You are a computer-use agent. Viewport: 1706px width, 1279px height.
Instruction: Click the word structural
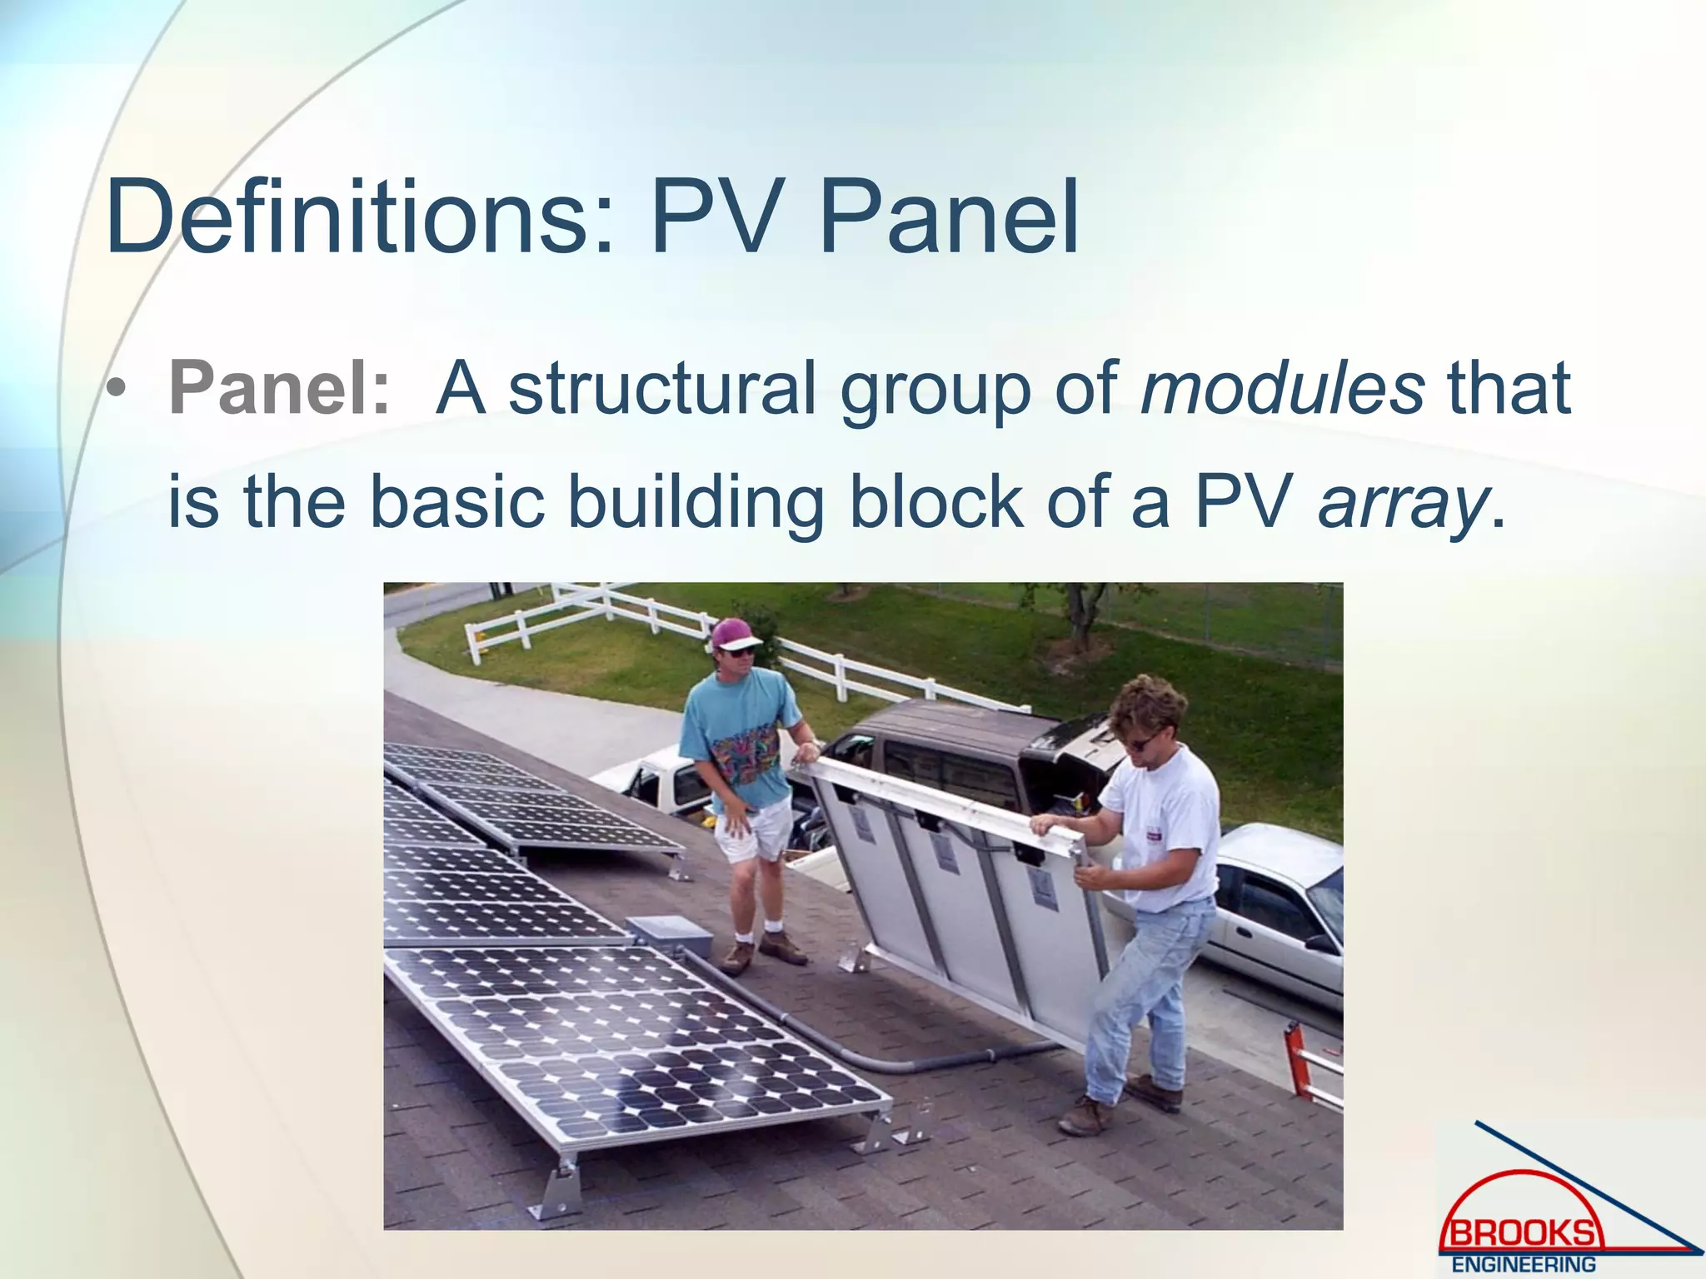[x=662, y=388]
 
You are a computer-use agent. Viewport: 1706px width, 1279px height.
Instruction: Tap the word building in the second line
[x=696, y=502]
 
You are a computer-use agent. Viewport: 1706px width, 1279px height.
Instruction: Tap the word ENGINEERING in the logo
[x=1524, y=1265]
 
